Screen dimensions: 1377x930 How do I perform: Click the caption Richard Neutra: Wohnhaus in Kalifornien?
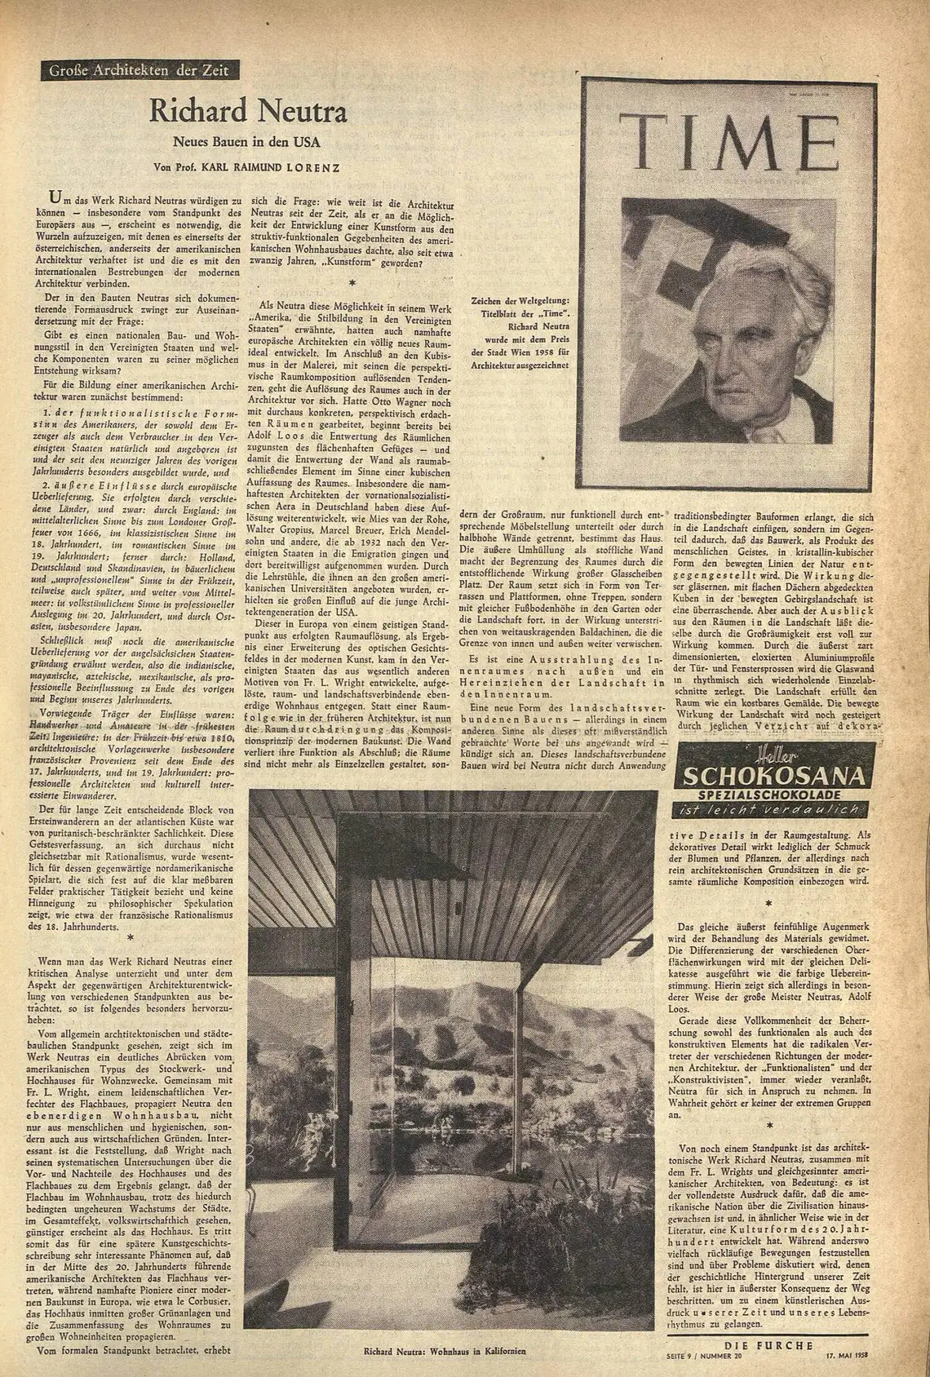(x=445, y=1350)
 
